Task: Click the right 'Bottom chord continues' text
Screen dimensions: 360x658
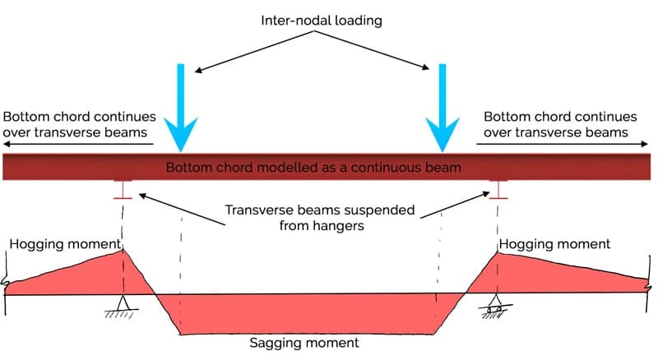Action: pyautogui.click(x=560, y=124)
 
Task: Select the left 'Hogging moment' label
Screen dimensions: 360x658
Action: pyautogui.click(x=65, y=244)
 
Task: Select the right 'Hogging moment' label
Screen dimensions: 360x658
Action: pyautogui.click(x=555, y=244)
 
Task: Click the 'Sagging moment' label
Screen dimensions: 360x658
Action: pyautogui.click(x=308, y=342)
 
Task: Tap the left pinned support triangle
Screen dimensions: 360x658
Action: pyautogui.click(x=123, y=302)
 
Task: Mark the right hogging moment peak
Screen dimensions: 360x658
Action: pyautogui.click(x=496, y=252)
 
